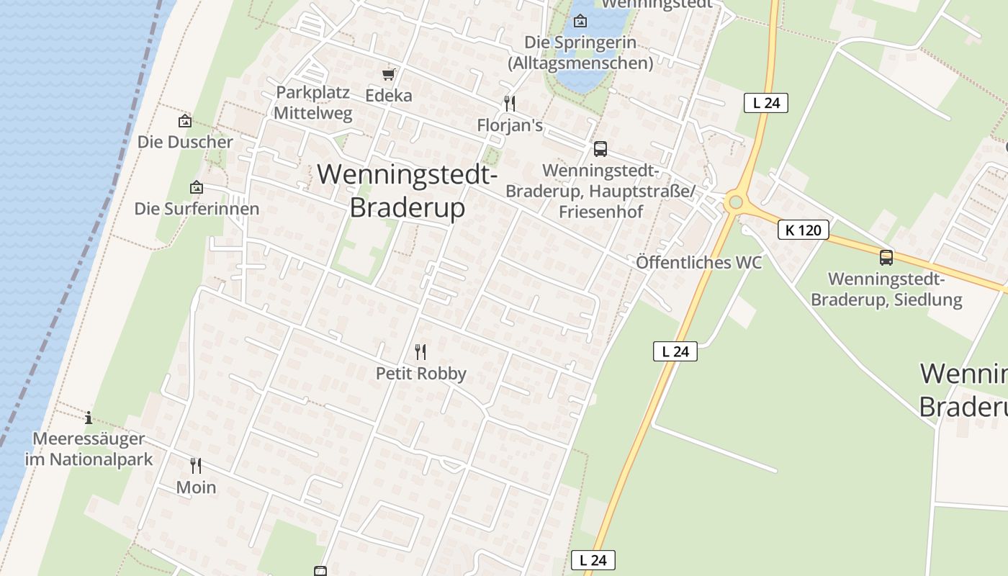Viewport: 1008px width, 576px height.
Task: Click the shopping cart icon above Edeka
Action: [389, 74]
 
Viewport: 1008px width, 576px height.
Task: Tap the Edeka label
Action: [389, 96]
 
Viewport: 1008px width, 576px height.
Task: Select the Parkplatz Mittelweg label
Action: [313, 103]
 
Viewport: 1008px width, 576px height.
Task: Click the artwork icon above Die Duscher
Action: [185, 121]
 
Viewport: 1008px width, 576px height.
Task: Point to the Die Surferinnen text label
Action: [197, 209]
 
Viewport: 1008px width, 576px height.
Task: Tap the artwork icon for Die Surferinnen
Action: [197, 187]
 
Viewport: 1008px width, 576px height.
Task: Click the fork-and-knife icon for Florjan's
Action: [510, 103]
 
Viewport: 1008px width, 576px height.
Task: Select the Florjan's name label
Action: [510, 125]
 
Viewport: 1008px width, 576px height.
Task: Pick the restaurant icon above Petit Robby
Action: [420, 351]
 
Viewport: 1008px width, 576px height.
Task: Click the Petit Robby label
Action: [421, 374]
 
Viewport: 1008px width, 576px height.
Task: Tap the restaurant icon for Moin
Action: [196, 465]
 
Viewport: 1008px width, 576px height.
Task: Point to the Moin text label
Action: [196, 487]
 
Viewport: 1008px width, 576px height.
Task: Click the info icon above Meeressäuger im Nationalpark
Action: [89, 417]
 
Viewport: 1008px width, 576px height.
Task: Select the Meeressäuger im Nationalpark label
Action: [89, 449]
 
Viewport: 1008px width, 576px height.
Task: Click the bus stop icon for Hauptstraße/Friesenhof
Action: [600, 149]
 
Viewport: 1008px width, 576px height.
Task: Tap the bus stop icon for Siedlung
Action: [886, 257]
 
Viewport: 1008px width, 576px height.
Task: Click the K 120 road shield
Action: [804, 230]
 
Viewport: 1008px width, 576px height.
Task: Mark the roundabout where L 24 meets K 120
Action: [735, 202]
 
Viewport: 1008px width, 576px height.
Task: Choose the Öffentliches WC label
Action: [698, 262]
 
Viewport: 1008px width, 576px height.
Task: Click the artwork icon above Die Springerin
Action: [580, 21]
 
